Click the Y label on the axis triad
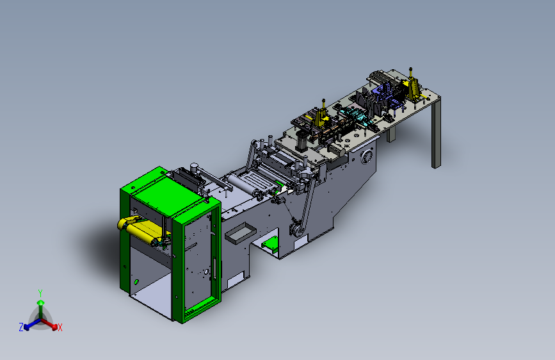pos(40,293)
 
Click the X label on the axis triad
pos(60,328)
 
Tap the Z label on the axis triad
pos(21,327)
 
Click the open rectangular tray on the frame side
pos(241,233)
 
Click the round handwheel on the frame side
pos(367,156)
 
